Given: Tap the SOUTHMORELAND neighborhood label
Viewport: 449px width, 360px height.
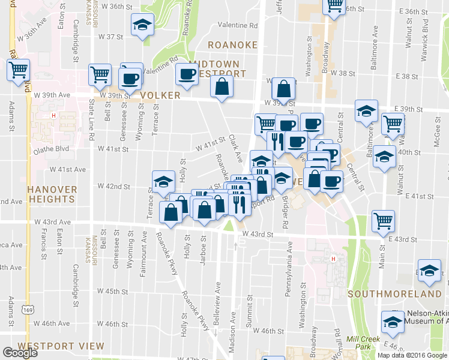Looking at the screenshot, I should [394, 295].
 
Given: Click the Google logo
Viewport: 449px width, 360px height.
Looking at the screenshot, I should [20, 353].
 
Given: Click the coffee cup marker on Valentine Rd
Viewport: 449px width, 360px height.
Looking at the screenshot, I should [186, 74].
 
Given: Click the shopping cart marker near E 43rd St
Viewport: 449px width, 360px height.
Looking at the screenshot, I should [383, 221].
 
